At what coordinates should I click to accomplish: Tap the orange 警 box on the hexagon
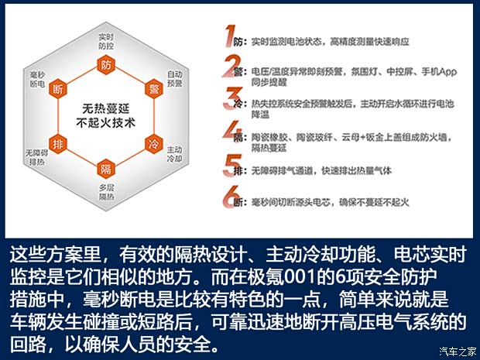[x=154, y=91]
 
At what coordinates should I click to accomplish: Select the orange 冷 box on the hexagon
[x=154, y=143]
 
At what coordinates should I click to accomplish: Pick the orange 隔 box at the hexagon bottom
[x=105, y=170]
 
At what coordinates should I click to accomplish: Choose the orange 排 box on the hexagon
[x=57, y=144]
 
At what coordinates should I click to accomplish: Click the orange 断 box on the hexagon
[x=57, y=91]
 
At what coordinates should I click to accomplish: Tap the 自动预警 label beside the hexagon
[x=175, y=78]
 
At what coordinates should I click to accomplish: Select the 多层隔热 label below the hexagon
[x=106, y=192]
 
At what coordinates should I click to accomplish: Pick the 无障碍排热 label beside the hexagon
[x=36, y=156]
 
